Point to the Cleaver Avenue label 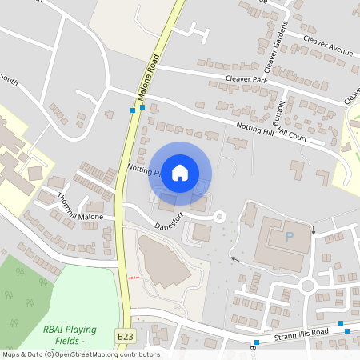(x=327, y=45)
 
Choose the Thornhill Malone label (x=80, y=209)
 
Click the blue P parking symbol (x=289, y=238)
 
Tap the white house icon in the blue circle (x=180, y=172)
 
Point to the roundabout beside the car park (x=308, y=284)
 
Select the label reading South (x=10, y=81)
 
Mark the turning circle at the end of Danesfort (x=218, y=216)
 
